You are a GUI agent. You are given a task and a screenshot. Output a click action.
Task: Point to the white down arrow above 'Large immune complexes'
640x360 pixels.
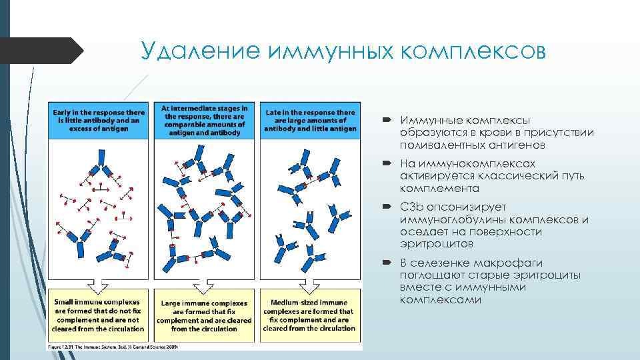[204, 285]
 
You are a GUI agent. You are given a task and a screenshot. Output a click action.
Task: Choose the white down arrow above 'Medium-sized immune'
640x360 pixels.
[309, 285]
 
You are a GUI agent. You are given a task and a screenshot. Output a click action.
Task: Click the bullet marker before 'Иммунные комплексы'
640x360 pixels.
[389, 121]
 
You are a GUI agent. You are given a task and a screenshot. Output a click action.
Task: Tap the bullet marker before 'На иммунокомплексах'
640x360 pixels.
[389, 164]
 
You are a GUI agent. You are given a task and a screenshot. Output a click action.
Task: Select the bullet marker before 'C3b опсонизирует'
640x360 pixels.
[389, 207]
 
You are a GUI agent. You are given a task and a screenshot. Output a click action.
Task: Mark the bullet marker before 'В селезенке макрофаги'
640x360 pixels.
[389, 263]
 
